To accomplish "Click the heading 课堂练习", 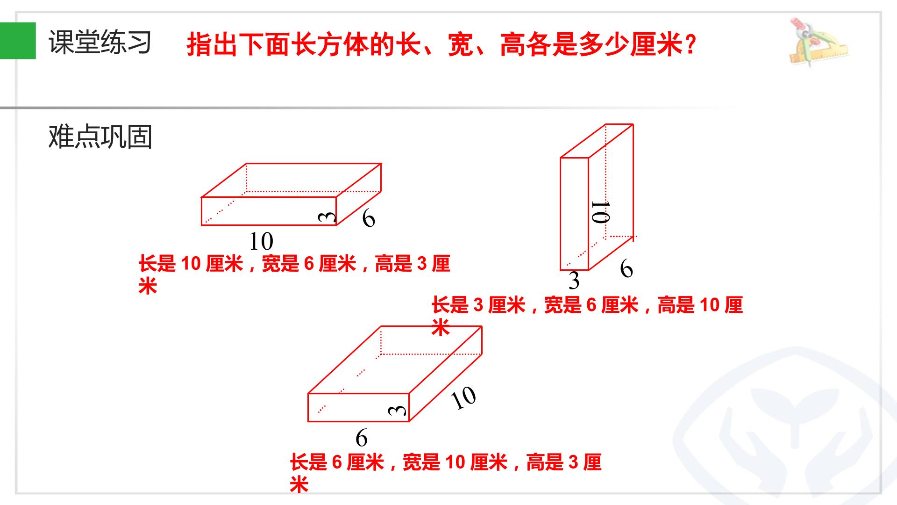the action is click(x=100, y=42).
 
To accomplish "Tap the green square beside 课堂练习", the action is click(x=18, y=41).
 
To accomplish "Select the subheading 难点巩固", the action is click(x=100, y=137).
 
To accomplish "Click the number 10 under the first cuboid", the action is click(x=261, y=242).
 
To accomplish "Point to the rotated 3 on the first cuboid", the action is click(x=327, y=216).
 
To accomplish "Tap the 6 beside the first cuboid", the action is click(x=369, y=218).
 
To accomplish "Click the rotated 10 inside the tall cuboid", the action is click(x=600, y=212).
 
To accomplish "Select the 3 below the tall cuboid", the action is click(x=574, y=281).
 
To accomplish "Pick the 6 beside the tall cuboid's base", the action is click(x=626, y=269).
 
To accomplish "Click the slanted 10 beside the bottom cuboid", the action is click(x=463, y=398).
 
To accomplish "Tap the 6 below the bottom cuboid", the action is click(x=362, y=438).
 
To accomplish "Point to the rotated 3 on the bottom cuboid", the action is click(x=397, y=411).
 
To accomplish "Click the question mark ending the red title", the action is click(x=691, y=45).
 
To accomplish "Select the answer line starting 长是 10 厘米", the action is click(x=294, y=274).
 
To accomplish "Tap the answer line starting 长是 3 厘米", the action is click(x=587, y=316).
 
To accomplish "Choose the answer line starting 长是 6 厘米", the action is click(x=446, y=473).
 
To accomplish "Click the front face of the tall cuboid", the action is click(x=574, y=214).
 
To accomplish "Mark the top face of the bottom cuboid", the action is click(x=395, y=360).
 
